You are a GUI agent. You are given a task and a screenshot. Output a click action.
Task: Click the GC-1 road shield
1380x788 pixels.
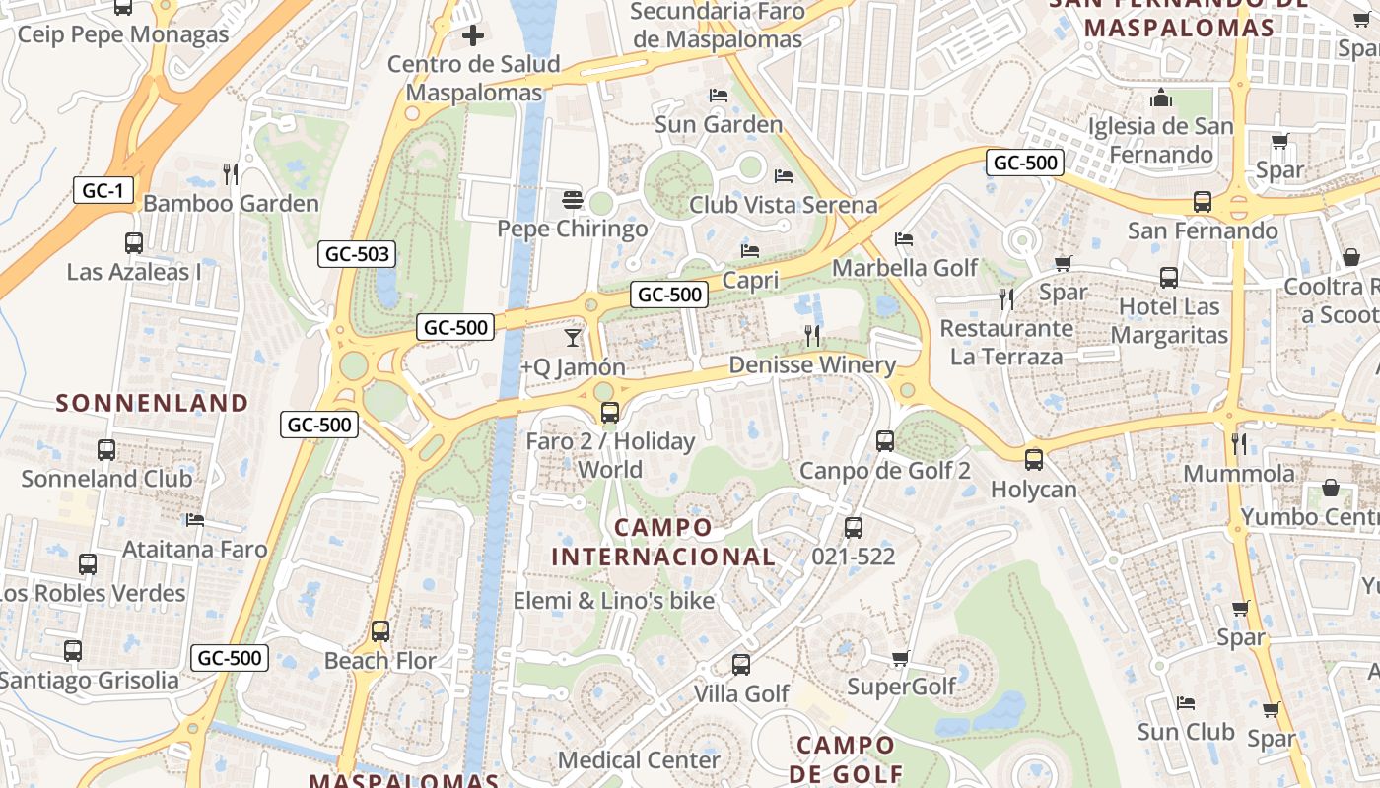pyautogui.click(x=103, y=190)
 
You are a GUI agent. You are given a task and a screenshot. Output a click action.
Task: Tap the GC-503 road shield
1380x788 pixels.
pyautogui.click(x=357, y=254)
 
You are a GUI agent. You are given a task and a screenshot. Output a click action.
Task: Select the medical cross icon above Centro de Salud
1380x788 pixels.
pyautogui.click(x=473, y=36)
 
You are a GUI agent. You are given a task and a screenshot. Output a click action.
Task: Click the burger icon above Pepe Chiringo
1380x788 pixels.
pyautogui.click(x=572, y=200)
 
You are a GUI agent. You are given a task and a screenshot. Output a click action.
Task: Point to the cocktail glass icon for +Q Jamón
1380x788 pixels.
pyautogui.click(x=572, y=338)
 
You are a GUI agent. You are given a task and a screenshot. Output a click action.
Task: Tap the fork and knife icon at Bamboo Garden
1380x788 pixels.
pyautogui.click(x=231, y=174)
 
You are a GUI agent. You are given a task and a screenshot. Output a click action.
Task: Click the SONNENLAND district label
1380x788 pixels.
pyautogui.click(x=152, y=402)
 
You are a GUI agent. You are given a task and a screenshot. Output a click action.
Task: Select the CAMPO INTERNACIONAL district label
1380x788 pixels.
pyautogui.click(x=662, y=542)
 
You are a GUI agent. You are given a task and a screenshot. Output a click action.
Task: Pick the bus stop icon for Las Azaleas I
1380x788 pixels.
pyautogui.click(x=133, y=242)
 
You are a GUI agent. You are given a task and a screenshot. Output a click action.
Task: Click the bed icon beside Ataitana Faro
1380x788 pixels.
pyautogui.click(x=195, y=519)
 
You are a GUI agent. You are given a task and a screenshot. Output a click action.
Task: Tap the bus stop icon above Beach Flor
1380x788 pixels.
pyautogui.click(x=380, y=630)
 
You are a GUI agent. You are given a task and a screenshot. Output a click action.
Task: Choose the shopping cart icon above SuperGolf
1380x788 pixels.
pyautogui.click(x=900, y=657)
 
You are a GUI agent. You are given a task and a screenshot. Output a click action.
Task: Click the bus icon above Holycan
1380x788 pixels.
pyautogui.click(x=1033, y=459)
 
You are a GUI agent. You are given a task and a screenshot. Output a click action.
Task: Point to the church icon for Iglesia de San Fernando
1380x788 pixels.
pyautogui.click(x=1161, y=98)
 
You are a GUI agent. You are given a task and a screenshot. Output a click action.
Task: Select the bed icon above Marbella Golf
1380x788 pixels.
pyautogui.click(x=904, y=239)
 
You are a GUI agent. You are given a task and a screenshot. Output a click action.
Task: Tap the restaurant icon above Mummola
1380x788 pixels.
pyautogui.click(x=1239, y=443)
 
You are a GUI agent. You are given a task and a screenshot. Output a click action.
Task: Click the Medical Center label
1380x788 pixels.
pyautogui.click(x=639, y=760)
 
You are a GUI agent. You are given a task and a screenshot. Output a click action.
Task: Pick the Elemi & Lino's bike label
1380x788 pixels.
pyautogui.click(x=613, y=600)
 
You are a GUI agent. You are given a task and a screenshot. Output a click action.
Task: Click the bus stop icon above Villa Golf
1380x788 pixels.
pyautogui.click(x=740, y=665)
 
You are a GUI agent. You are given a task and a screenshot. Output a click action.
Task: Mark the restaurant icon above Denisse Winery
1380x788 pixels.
pyautogui.click(x=812, y=336)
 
